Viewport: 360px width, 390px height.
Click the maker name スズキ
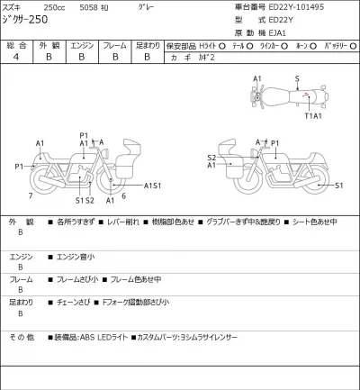click(x=17, y=7)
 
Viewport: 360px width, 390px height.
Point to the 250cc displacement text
click(x=68, y=7)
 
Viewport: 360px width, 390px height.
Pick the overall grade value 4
click(x=16, y=56)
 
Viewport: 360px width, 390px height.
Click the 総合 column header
click(x=16, y=44)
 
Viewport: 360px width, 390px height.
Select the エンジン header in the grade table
click(x=82, y=44)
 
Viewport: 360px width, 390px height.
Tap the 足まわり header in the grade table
click(x=147, y=44)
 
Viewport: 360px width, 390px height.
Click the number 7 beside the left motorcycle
click(x=30, y=195)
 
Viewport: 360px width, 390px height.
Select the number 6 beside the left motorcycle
click(x=122, y=195)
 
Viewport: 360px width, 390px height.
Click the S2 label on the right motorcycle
click(x=211, y=158)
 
